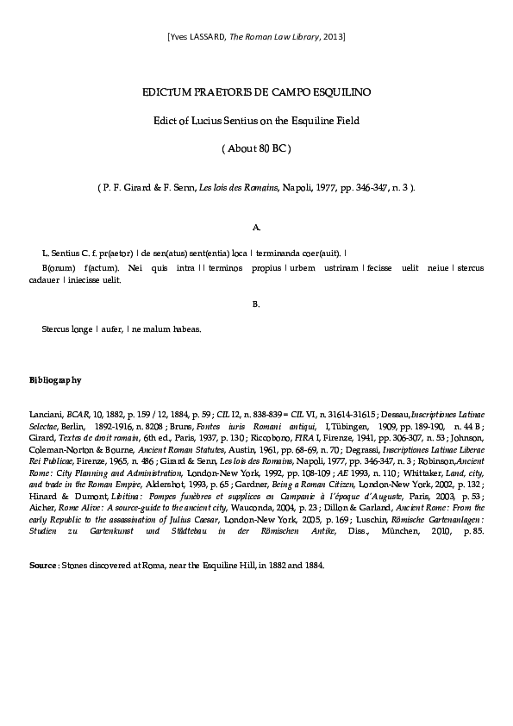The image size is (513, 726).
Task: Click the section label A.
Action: click(256, 228)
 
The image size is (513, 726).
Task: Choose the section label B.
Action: click(256, 304)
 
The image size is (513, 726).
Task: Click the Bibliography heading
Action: click(55, 379)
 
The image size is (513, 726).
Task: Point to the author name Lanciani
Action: click(47, 414)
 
